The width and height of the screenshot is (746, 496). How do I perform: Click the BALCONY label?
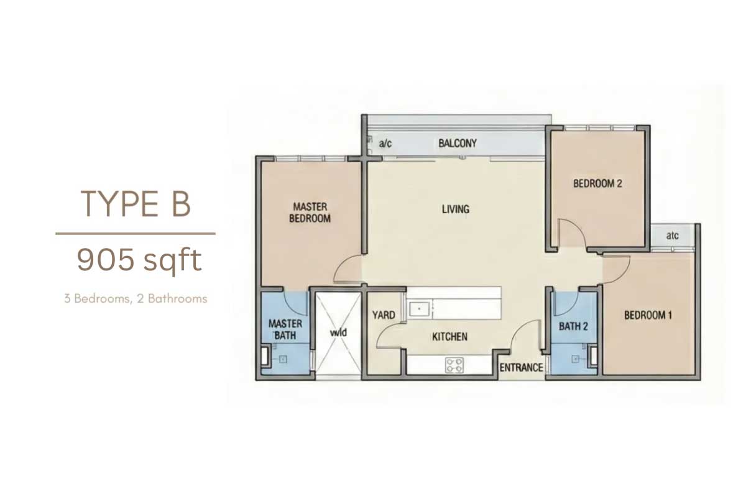point(458,144)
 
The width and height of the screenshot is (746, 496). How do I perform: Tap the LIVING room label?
point(455,209)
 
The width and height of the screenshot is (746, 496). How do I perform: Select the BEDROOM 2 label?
point(597,183)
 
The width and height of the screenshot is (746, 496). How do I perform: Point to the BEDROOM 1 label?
point(648,315)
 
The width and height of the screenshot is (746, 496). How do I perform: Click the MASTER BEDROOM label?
point(310,213)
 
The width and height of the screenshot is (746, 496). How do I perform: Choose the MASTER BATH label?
point(285,329)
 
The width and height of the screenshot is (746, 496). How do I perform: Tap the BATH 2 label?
point(573,326)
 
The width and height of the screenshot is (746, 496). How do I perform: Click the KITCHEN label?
point(449,336)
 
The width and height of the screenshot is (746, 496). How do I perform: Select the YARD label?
point(384,315)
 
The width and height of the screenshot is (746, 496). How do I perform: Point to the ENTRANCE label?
point(521,367)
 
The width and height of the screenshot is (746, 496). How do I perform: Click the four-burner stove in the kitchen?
point(454,365)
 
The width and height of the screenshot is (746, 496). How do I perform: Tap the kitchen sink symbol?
point(419,310)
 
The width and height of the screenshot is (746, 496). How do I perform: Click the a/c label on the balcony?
point(385,144)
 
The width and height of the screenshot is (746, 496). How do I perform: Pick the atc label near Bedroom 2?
point(673,236)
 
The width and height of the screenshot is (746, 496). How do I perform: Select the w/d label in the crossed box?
point(338,332)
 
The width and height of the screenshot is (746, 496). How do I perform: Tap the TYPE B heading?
point(136,203)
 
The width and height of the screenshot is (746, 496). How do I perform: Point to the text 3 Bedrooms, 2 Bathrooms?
point(136,298)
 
